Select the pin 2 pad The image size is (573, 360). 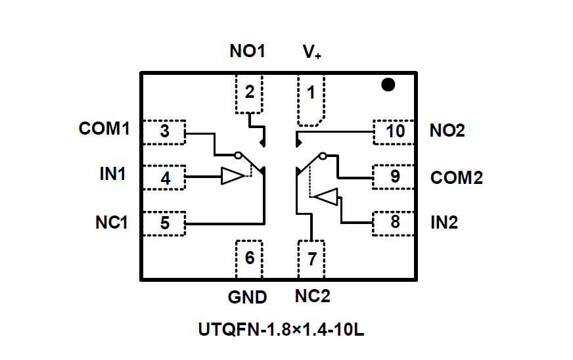[248, 94]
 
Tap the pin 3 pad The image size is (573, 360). [164, 132]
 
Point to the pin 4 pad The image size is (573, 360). [164, 177]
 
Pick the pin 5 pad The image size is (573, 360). [164, 223]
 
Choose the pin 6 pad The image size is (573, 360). [248, 259]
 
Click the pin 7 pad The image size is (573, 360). [311, 259]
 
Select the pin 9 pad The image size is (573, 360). [394, 177]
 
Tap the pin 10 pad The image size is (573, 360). [394, 131]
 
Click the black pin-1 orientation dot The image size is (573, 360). [388, 85]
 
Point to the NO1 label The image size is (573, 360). [247, 51]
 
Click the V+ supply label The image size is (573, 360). [311, 52]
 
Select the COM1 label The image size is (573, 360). [104, 128]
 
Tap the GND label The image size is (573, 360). [248, 297]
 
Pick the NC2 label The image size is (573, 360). [312, 296]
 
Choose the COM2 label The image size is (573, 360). [457, 178]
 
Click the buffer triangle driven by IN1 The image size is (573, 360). [231, 176]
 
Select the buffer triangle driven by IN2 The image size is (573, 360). [327, 196]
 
